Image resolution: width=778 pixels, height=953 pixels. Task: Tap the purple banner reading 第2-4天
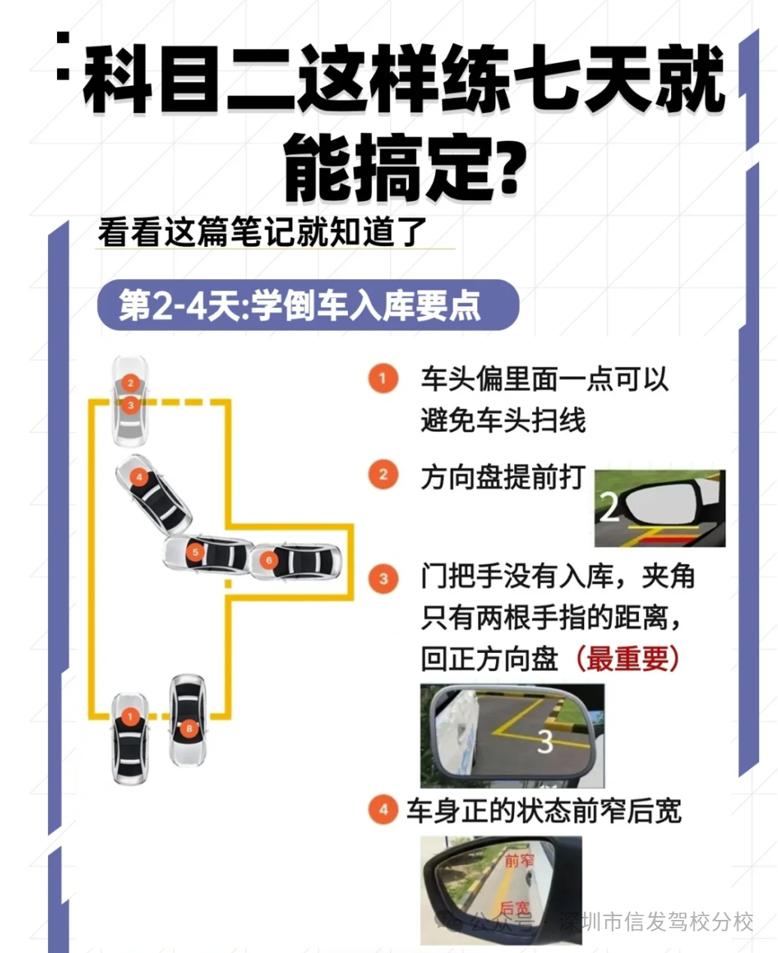307,305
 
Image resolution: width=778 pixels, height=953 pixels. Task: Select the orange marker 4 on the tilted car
139,477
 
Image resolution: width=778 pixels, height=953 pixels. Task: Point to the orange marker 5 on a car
195,553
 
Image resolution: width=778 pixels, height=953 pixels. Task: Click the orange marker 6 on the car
268,560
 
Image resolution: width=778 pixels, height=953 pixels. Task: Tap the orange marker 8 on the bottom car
189,727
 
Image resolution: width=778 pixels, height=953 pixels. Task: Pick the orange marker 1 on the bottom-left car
130,717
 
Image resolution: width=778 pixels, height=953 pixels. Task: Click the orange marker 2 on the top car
130,383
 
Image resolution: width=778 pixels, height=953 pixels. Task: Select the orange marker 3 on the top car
130,405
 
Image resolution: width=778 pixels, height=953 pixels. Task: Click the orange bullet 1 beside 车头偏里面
383,378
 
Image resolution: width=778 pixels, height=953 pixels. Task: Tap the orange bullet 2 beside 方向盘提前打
383,475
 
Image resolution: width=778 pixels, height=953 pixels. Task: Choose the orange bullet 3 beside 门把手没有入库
383,578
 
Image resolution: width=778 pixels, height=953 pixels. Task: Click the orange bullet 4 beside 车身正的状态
383,810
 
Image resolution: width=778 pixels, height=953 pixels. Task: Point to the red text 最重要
628,659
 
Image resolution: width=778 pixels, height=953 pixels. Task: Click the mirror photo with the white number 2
659,508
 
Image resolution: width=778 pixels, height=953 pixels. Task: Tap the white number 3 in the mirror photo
545,742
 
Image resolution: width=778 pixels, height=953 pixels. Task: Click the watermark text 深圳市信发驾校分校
656,921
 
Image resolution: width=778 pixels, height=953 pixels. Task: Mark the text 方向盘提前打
502,477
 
